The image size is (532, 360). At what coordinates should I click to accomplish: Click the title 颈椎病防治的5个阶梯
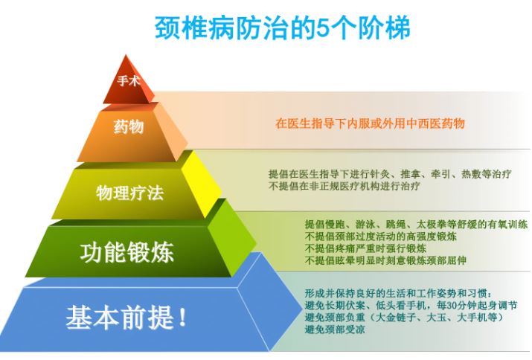click(282, 28)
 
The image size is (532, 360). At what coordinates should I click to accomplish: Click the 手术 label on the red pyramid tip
click(129, 81)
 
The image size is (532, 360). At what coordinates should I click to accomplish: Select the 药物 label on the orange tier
click(129, 127)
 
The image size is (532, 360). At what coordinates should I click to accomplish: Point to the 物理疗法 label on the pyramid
click(130, 193)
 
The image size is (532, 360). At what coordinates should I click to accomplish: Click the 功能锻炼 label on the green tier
click(127, 251)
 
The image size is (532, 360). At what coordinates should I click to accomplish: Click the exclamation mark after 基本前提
click(182, 318)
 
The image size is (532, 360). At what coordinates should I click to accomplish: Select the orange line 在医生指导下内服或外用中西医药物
click(370, 123)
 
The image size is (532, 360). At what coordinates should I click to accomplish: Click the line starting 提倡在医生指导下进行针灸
click(390, 174)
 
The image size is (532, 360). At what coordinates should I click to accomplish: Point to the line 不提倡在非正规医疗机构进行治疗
click(344, 186)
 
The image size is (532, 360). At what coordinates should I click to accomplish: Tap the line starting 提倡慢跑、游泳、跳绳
click(416, 225)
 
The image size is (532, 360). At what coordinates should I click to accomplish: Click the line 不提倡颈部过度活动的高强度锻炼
click(381, 236)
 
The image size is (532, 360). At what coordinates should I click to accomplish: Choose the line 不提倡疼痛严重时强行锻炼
click(365, 248)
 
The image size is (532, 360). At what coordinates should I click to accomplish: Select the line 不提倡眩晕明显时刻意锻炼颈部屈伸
click(385, 260)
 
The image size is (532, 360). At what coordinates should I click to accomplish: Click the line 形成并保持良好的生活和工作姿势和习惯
click(396, 293)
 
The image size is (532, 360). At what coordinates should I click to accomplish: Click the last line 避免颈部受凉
click(335, 330)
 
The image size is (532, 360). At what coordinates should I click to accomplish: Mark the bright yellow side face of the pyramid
click(201, 183)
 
